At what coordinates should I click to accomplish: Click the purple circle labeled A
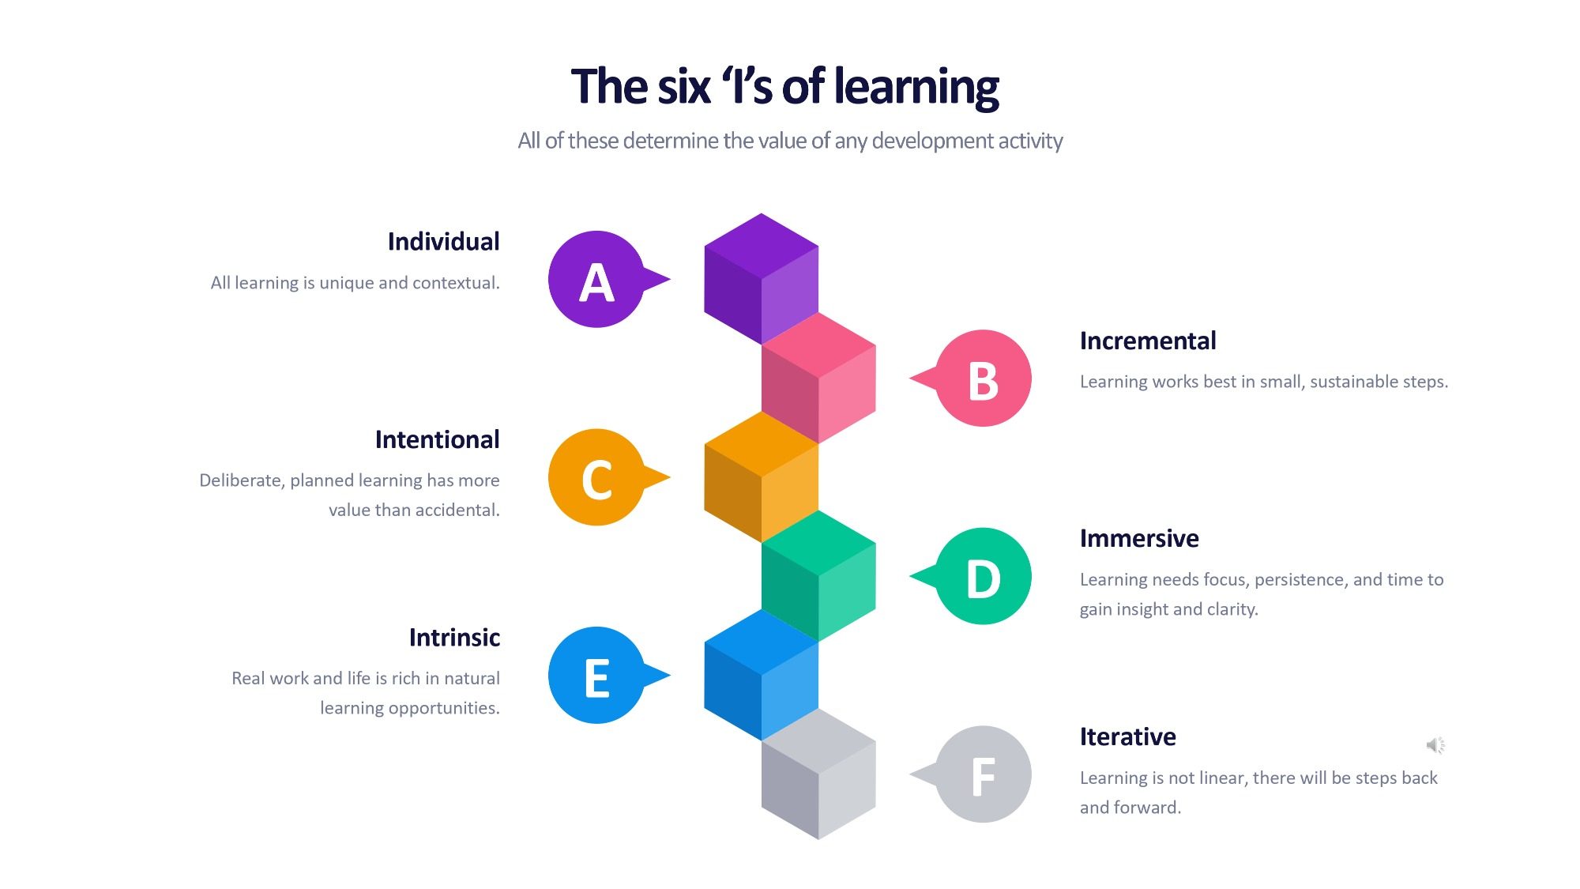coord(596,280)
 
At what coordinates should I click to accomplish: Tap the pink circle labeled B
coord(984,379)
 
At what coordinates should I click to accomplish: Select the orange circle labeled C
coord(596,477)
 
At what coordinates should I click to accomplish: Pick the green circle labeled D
coord(984,576)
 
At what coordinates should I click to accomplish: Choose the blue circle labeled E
coord(596,676)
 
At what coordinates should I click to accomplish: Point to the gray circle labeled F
coord(984,774)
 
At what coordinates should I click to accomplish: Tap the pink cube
coord(818,378)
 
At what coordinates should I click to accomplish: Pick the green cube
coord(818,575)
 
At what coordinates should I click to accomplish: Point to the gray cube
coord(818,774)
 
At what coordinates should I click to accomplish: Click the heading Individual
coord(443,242)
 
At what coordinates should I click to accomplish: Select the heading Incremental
coord(1148,341)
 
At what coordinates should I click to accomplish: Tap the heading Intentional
coord(437,439)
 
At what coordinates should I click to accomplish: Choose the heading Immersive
coord(1139,538)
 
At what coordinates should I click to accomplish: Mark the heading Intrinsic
coord(454,637)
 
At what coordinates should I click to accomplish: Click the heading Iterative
coord(1128,736)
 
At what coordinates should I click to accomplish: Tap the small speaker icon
coord(1435,744)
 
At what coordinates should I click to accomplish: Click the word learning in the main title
coord(916,87)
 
